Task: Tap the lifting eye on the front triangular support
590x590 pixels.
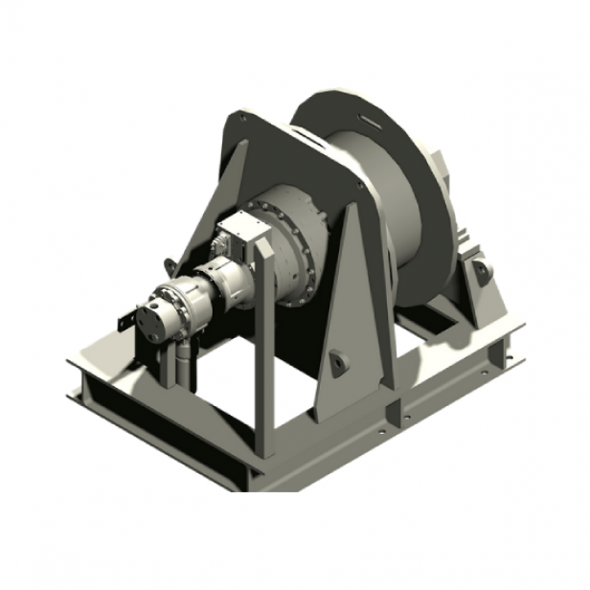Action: click(337, 361)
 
